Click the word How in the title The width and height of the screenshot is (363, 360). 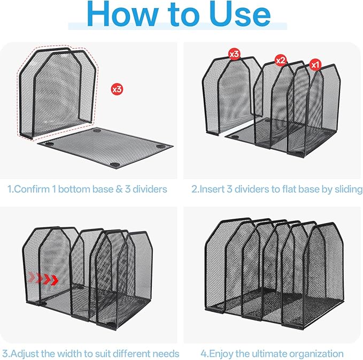pyautogui.click(x=122, y=14)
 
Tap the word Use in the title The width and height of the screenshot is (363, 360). pyautogui.click(x=240, y=14)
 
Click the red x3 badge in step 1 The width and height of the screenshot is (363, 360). pyautogui.click(x=117, y=89)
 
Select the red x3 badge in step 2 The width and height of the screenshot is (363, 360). pyautogui.click(x=234, y=54)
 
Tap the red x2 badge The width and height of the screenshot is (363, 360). pyautogui.click(x=281, y=60)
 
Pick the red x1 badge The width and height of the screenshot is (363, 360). pyautogui.click(x=315, y=65)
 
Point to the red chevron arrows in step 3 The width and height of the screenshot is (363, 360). pyautogui.click(x=43, y=279)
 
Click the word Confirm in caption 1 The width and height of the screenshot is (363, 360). pyautogui.click(x=32, y=189)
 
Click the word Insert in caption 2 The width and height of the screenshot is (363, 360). pyautogui.click(x=212, y=189)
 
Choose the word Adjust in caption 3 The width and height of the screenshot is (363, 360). pyautogui.click(x=25, y=354)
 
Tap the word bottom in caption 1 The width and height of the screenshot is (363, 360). pyautogui.click(x=73, y=189)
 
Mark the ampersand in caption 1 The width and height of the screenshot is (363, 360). pyautogui.click(x=119, y=189)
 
